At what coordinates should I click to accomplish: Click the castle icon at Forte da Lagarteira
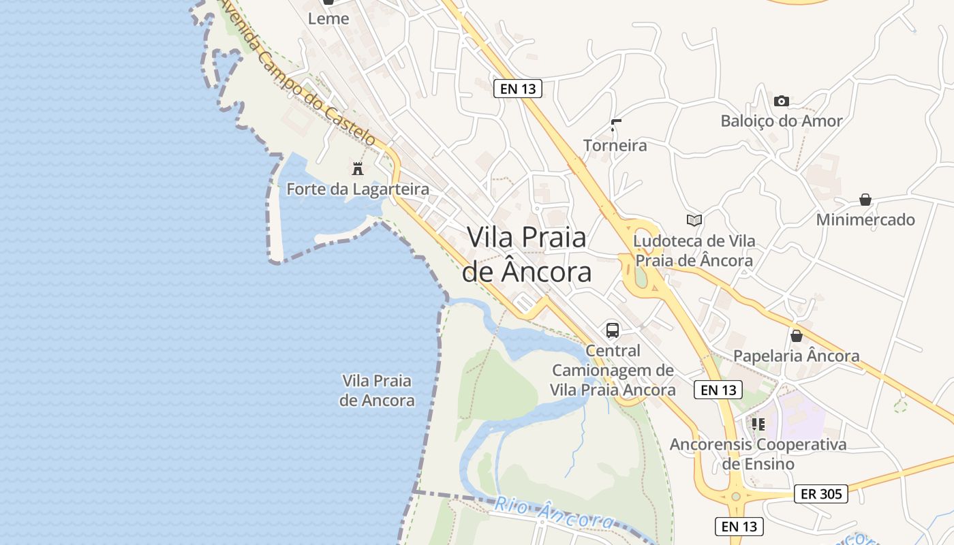point(357,168)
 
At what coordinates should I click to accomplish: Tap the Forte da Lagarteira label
point(358,189)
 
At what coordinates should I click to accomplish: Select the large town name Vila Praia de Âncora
point(527,254)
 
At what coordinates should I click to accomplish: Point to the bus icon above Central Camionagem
point(613,330)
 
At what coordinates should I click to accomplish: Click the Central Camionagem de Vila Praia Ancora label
point(613,371)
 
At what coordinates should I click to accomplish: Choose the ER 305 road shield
point(821,494)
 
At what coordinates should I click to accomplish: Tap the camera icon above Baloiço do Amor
point(782,102)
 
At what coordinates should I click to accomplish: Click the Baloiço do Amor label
point(782,121)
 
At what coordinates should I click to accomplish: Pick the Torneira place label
point(615,145)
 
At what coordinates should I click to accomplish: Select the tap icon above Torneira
point(616,125)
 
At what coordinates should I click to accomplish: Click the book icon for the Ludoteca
point(694,220)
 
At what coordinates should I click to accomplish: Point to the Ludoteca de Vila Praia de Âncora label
point(694,251)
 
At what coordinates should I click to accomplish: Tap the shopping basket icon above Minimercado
point(865,200)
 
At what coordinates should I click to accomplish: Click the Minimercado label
point(865,220)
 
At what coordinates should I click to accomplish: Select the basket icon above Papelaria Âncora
point(797,336)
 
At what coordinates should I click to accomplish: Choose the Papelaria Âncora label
point(797,356)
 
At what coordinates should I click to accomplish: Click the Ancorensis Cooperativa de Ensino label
point(758,454)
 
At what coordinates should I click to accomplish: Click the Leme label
point(328,19)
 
